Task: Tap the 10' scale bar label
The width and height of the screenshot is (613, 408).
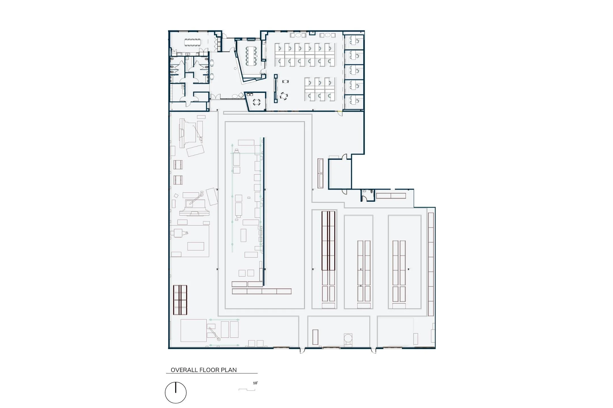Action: [x=255, y=383]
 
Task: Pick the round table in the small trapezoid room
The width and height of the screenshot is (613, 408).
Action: [x=257, y=101]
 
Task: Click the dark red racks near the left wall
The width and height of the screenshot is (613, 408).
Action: [x=180, y=300]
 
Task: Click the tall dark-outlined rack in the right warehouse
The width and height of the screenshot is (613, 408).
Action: [x=328, y=241]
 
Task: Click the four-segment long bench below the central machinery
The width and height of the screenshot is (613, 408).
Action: [x=262, y=291]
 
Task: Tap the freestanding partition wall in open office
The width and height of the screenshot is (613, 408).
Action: [x=275, y=88]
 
